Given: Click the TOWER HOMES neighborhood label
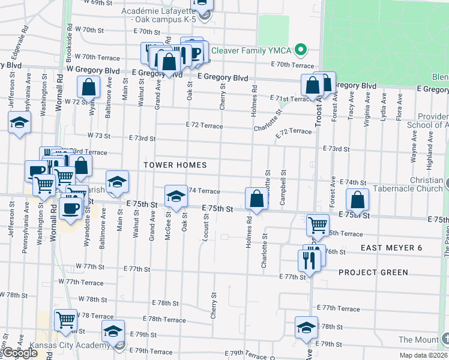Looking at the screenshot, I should point(175,165).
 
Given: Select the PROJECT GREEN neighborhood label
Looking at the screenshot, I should point(373,272).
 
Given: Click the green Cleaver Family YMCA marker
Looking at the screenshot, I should point(303,50).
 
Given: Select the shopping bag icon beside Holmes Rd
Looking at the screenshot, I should point(256,199).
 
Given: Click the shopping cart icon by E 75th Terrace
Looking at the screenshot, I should point(318,226).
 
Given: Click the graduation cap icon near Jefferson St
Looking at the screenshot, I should point(19,123).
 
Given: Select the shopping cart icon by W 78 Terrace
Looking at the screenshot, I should point(65,320).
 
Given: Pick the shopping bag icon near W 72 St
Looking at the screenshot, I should point(89,86).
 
